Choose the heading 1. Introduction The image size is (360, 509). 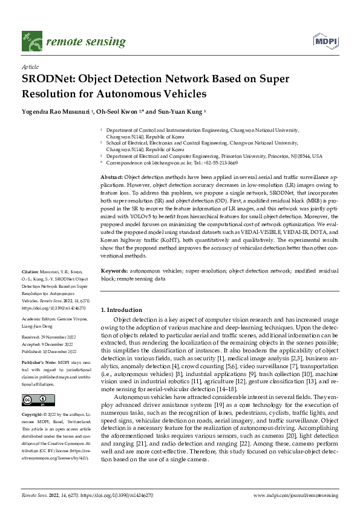pos(121,310)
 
